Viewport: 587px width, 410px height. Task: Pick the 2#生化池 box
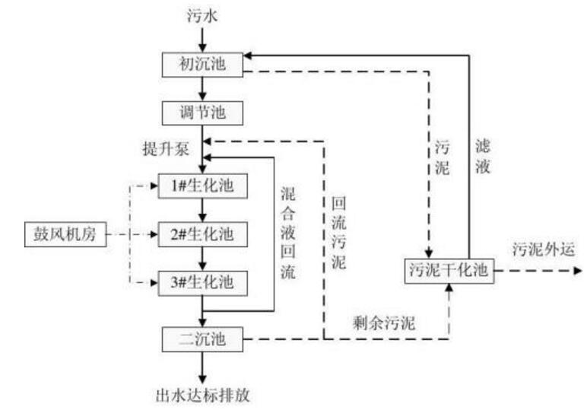(203, 233)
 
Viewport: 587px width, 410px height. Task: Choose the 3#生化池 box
(203, 281)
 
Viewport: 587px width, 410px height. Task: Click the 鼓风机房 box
(61, 233)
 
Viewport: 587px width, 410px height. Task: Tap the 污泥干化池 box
(449, 269)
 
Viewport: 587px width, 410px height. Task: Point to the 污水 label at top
(202, 15)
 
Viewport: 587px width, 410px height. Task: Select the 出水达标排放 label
(202, 394)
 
